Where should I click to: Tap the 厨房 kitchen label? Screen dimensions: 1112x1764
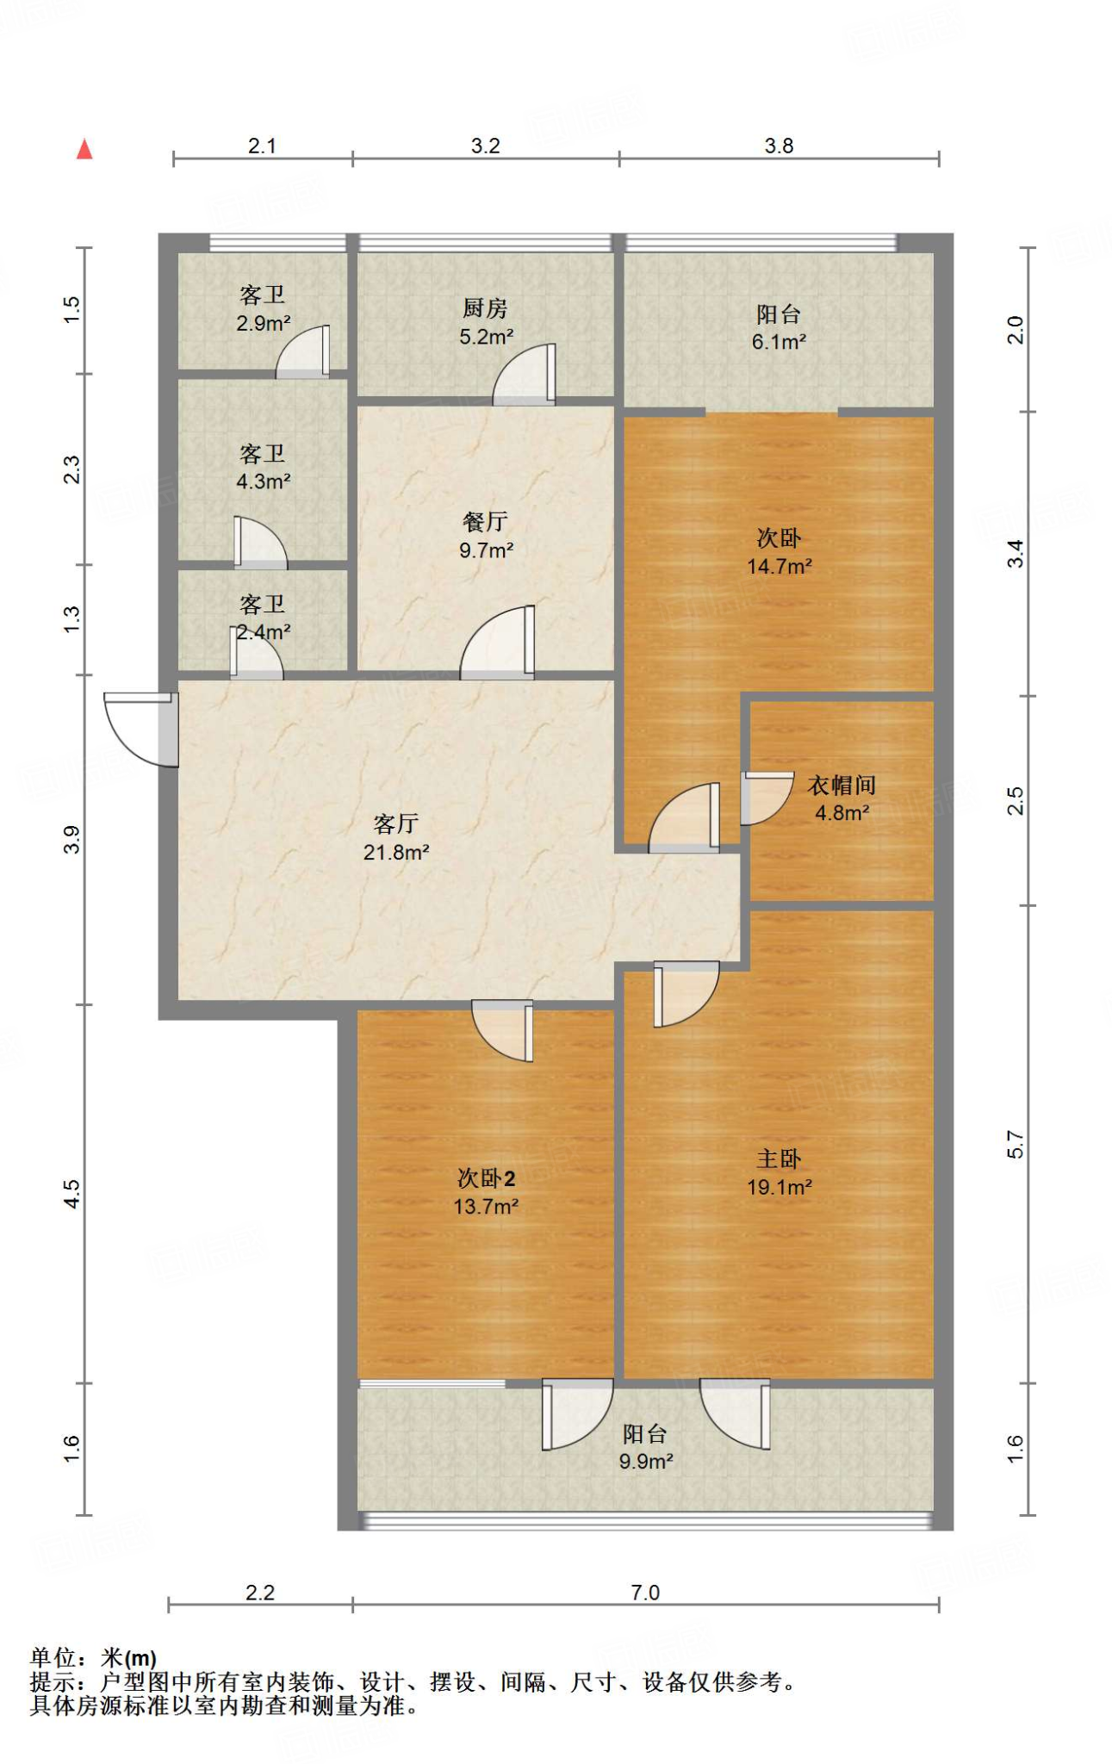[x=485, y=308]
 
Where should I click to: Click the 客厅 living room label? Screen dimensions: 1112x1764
[x=396, y=824]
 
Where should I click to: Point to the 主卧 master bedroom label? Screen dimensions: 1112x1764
[x=779, y=1159]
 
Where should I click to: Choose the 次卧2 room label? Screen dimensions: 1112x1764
[x=487, y=1178]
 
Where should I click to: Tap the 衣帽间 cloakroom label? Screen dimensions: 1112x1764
[x=842, y=786]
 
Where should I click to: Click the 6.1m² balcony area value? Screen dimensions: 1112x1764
[x=779, y=342]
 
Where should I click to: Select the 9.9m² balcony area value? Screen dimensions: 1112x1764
[x=646, y=1462]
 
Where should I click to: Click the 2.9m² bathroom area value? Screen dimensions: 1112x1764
[x=264, y=324]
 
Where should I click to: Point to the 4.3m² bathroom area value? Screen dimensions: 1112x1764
[x=264, y=481]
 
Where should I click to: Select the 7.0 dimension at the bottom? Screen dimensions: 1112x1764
[x=645, y=1593]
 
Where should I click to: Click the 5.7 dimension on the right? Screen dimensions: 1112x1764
[x=1016, y=1144]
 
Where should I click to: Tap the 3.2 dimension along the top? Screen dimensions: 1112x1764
[x=486, y=146]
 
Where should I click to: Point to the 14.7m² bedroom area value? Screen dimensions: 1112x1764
[x=780, y=567]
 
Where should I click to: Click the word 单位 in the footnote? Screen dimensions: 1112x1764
[x=53, y=1657]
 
